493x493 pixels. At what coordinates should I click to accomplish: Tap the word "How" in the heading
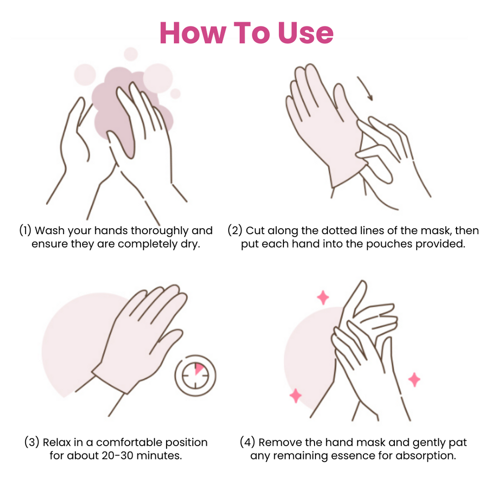(193, 33)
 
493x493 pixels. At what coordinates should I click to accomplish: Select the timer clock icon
(195, 375)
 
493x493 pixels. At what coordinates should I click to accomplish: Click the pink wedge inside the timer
(199, 368)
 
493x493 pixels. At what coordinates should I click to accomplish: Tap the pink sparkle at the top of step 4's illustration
(323, 297)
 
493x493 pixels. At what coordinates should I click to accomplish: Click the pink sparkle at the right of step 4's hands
(414, 380)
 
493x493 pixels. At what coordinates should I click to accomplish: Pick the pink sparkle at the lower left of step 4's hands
(295, 395)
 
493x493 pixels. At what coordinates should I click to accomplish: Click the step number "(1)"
(25, 230)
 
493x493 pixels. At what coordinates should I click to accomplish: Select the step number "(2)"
(235, 230)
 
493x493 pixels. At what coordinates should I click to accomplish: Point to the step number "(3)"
(32, 442)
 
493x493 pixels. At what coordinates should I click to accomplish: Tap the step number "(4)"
(247, 442)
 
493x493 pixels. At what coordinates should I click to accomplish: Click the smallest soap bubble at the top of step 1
(176, 93)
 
